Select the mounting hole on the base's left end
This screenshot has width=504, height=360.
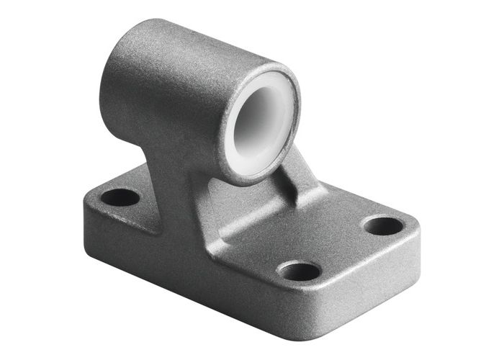(x=120, y=197)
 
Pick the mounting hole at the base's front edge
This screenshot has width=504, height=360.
(x=299, y=271)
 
